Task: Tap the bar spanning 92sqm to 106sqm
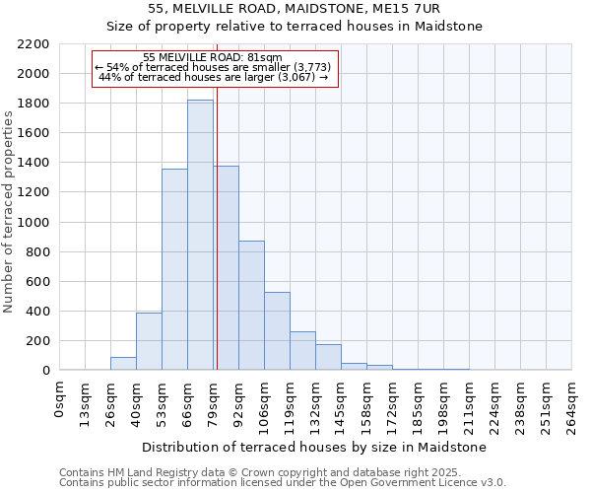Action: coord(251,306)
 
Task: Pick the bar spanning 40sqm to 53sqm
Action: coord(149,341)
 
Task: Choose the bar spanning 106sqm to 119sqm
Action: coord(277,331)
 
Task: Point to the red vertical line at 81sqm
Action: coord(217,227)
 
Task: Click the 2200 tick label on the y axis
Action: coord(33,44)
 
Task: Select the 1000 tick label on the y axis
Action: coord(33,223)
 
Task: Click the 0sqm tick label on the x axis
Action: coord(60,399)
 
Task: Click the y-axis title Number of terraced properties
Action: coord(9,212)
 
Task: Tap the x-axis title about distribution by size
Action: coord(315,447)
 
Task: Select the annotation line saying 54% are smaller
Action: coord(214,67)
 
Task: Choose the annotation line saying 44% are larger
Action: coord(214,77)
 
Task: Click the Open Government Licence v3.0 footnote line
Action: coord(283,482)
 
